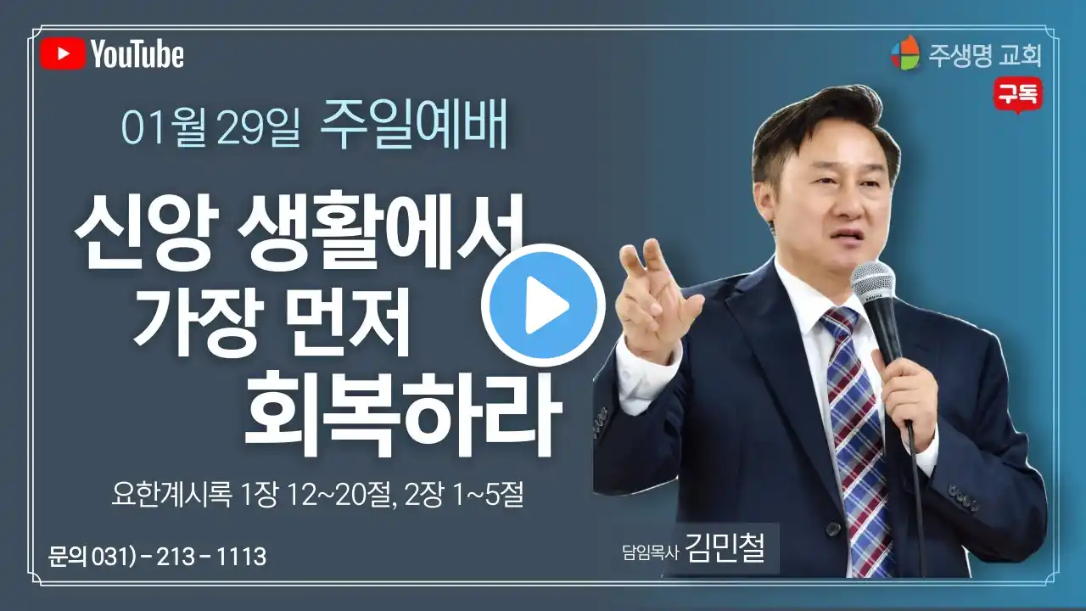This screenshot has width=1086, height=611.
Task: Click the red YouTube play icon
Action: [63, 53]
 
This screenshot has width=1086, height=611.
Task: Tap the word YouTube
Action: [137, 54]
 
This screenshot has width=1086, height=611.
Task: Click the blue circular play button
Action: [544, 305]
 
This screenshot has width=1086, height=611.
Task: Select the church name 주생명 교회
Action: [985, 56]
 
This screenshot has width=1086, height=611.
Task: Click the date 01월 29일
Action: [210, 128]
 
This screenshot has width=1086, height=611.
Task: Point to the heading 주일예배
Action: [413, 124]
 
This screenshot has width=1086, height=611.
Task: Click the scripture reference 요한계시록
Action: [171, 495]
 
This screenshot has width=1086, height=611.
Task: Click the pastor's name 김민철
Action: [725, 548]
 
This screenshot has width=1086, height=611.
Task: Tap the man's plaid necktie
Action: [856, 436]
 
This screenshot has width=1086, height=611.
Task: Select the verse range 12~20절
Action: [339, 495]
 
